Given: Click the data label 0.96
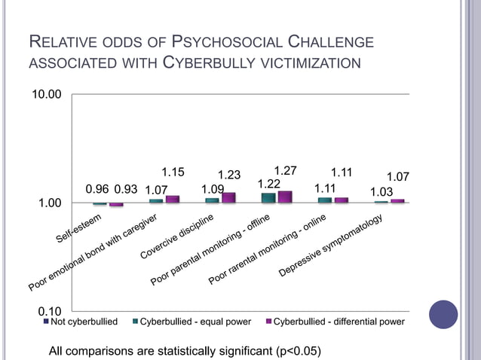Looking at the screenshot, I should pyautogui.click(x=98, y=189).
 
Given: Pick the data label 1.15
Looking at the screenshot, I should pyautogui.click(x=173, y=172).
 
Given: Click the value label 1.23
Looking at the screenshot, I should pyautogui.click(x=229, y=175).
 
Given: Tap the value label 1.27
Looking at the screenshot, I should pyautogui.click(x=285, y=171).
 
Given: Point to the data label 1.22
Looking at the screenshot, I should pyautogui.click(x=269, y=184).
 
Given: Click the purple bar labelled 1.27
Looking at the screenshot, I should pyautogui.click(x=284, y=197).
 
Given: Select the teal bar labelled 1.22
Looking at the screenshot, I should pyautogui.click(x=268, y=198).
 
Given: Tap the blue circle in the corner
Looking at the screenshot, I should pyautogui.click(x=443, y=315).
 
